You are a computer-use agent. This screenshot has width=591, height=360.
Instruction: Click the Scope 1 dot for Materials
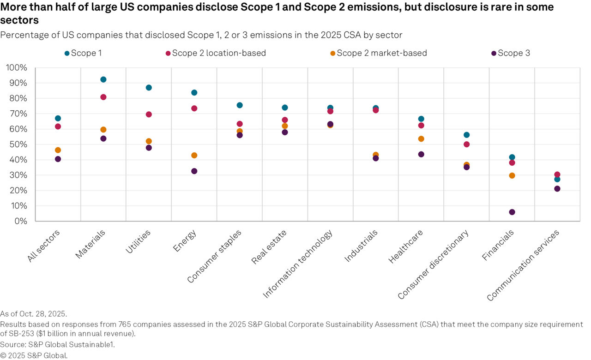coord(103,79)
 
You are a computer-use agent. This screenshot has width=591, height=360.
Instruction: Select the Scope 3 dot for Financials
coord(512,212)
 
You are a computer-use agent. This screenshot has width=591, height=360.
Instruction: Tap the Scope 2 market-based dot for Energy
coord(194,155)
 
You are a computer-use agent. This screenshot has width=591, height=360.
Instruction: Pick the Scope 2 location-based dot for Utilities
coord(149,114)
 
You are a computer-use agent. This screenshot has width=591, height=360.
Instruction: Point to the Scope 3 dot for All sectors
coord(58,159)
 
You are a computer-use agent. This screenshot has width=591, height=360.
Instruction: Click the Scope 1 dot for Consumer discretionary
coord(466,135)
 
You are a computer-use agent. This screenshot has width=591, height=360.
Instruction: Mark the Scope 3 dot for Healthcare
coord(421,154)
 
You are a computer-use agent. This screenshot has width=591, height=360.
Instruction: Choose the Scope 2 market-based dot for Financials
coord(512,175)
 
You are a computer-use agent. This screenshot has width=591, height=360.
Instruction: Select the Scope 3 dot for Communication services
coord(557,188)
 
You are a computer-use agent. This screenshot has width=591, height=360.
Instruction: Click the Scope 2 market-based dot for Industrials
coord(376,155)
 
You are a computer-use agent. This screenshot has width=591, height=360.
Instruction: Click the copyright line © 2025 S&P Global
coord(34,355)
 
